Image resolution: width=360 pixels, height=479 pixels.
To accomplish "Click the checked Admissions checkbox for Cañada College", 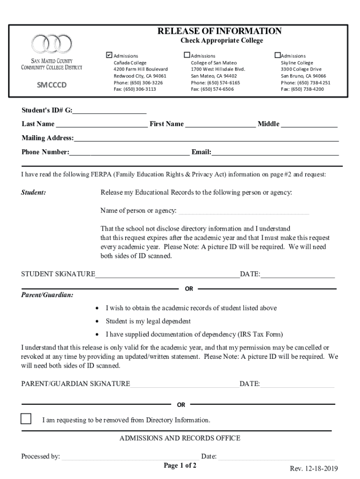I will click(109, 55).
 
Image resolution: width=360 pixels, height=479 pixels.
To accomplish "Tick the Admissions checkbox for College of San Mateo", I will click(187, 55).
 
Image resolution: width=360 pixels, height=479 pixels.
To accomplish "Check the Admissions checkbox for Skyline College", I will click(277, 55).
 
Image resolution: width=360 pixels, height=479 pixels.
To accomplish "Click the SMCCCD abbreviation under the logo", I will click(52, 85).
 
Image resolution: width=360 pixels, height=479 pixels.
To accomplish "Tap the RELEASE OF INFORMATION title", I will click(219, 31).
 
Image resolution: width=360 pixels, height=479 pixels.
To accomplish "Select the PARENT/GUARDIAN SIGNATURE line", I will click(185, 385).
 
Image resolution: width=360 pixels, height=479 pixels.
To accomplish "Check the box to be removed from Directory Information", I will click(26, 419).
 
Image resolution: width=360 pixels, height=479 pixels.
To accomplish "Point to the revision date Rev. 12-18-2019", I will click(313, 469).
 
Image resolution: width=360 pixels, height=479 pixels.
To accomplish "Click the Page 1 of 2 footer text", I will click(180, 465).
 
